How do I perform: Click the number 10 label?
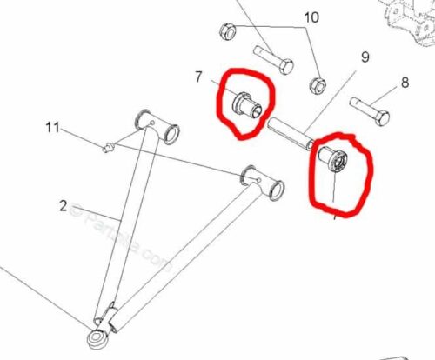click(311, 17)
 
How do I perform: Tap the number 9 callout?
click(365, 57)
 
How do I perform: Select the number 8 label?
click(404, 84)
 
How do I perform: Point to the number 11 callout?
click(53, 129)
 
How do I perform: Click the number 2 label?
click(63, 206)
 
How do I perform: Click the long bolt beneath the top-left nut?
click(278, 62)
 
